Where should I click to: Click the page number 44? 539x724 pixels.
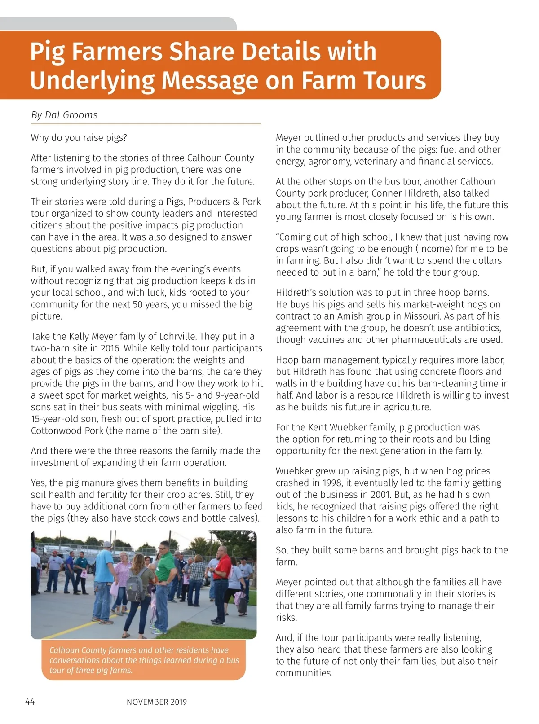[30, 702]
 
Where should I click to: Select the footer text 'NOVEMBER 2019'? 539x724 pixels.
[157, 702]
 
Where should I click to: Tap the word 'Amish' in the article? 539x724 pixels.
[350, 316]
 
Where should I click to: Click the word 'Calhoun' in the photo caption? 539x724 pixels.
[64, 650]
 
